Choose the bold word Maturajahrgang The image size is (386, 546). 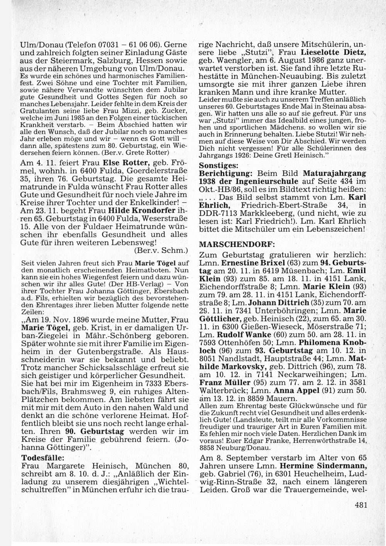pyautogui.click(x=334, y=173)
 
